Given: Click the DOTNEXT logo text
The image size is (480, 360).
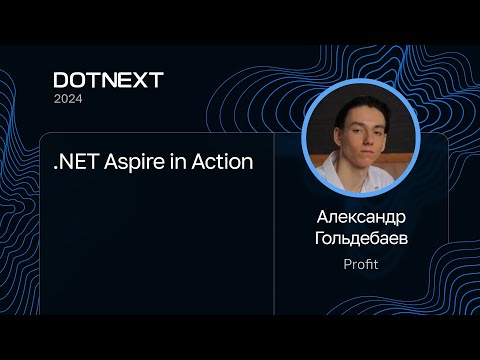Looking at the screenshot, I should (108, 81).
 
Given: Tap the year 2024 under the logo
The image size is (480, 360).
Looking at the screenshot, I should (69, 99).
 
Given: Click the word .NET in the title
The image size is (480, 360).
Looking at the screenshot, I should (75, 162).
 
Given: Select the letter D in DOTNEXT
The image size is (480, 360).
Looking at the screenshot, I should (61, 81).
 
